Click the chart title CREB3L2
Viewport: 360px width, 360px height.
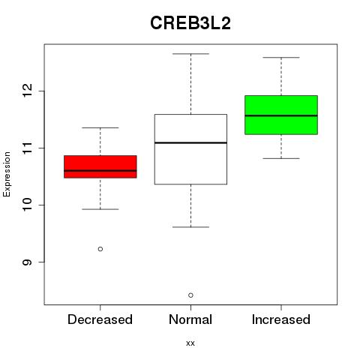[190, 23]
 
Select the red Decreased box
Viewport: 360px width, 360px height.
[100, 166]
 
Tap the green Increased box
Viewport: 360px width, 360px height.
[281, 115]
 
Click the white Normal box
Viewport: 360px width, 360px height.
[190, 149]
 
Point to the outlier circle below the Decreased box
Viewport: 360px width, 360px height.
[100, 249]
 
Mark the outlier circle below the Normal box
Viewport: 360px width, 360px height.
[190, 295]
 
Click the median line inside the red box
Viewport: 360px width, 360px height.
[100, 171]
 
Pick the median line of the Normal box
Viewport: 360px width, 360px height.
[190, 142]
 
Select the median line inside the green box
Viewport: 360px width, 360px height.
[281, 115]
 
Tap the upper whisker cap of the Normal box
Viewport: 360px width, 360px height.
[190, 54]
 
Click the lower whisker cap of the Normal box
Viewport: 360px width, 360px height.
[190, 227]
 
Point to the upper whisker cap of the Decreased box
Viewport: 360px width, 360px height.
[100, 127]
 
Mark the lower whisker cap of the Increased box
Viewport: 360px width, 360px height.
[281, 158]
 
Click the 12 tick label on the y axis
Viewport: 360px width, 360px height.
[27, 91]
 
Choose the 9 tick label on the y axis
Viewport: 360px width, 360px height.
[27, 262]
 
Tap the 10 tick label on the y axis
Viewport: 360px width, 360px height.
[27, 205]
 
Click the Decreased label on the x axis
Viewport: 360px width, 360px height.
[100, 319]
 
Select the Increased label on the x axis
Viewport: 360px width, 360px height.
[281, 319]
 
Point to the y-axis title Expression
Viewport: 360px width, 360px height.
[7, 175]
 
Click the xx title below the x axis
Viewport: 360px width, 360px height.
[190, 343]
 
